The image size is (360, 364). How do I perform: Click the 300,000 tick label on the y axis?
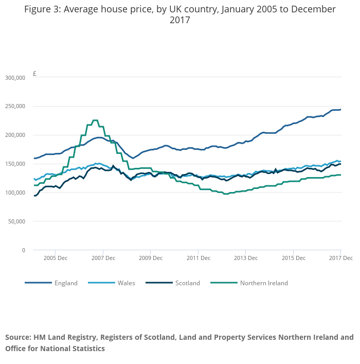pyautogui.click(x=14, y=78)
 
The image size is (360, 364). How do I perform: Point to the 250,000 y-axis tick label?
pyautogui.click(x=14, y=107)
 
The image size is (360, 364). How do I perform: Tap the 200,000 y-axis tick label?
pyautogui.click(x=14, y=135)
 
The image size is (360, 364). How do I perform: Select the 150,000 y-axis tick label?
pyautogui.click(x=14, y=164)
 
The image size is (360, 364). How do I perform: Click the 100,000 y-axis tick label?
pyautogui.click(x=14, y=193)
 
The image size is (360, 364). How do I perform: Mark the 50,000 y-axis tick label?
pyautogui.click(x=16, y=222)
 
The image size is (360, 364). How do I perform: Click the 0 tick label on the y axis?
pyautogui.click(x=23, y=251)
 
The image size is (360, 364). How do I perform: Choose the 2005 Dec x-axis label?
pyautogui.click(x=56, y=257)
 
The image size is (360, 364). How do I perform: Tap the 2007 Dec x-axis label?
pyautogui.click(x=103, y=257)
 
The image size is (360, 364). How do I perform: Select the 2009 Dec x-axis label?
pyautogui.click(x=151, y=257)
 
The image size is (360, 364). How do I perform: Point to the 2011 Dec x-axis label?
pyautogui.click(x=198, y=257)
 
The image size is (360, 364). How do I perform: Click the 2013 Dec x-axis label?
pyautogui.click(x=245, y=257)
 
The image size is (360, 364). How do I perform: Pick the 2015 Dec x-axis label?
pyautogui.click(x=293, y=257)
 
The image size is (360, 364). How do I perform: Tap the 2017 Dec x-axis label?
pyautogui.click(x=340, y=257)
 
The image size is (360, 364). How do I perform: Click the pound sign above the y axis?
pyautogui.click(x=34, y=74)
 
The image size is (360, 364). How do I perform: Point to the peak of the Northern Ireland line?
pyautogui.click(x=95, y=120)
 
